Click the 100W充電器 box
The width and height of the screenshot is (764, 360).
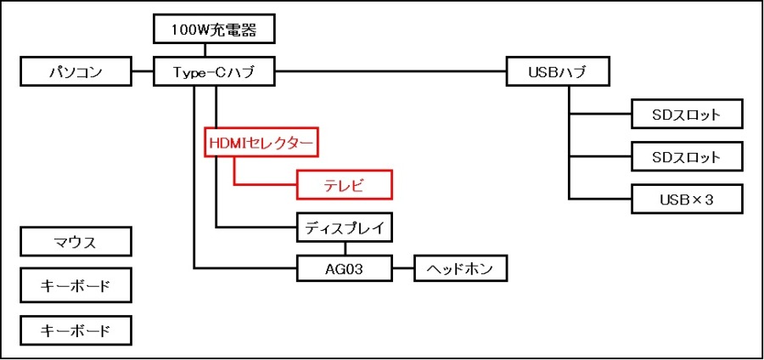(x=215, y=31)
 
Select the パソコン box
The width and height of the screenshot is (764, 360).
(x=76, y=72)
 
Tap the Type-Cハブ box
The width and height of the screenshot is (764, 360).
(x=215, y=72)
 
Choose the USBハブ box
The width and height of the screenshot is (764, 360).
(x=557, y=72)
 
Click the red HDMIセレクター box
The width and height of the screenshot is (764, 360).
(x=261, y=143)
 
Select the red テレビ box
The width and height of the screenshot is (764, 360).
(x=344, y=184)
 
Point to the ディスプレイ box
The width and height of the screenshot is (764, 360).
(x=344, y=227)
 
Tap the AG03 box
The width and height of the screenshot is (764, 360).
(x=344, y=269)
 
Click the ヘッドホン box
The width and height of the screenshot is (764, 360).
(x=460, y=269)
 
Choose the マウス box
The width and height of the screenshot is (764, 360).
(x=76, y=242)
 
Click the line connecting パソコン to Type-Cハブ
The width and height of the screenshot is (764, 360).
(x=143, y=72)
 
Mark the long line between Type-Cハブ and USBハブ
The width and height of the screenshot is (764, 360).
(x=390, y=72)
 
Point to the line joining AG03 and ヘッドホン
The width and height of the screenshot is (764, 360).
(x=403, y=269)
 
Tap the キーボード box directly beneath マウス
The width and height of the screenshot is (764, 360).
(x=76, y=286)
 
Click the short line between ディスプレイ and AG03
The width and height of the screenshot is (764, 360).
(x=345, y=248)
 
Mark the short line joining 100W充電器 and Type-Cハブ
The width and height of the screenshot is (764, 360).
(x=215, y=51)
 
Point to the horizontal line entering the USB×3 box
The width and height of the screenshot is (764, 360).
(x=600, y=200)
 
